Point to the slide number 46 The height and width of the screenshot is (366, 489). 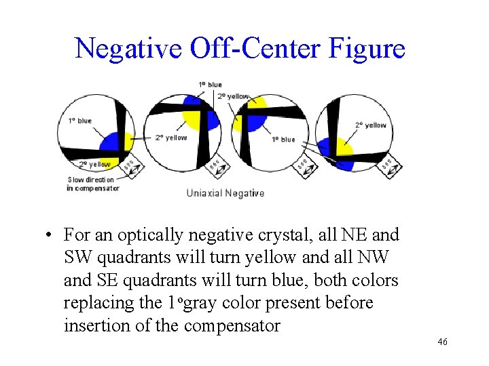[x=442, y=343]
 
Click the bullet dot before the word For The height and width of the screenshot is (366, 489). [x=50, y=236]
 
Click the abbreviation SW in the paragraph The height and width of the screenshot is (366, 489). [x=78, y=258]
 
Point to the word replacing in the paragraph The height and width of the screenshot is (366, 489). [x=103, y=302]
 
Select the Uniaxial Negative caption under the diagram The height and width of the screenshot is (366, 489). [x=225, y=193]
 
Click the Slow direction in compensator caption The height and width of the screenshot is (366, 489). [x=93, y=184]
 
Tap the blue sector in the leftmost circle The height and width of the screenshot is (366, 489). [x=111, y=144]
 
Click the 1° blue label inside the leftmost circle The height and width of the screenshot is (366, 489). [x=80, y=121]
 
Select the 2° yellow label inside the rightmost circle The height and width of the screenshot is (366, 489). [x=370, y=125]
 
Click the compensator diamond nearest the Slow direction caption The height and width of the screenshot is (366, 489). [x=132, y=165]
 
